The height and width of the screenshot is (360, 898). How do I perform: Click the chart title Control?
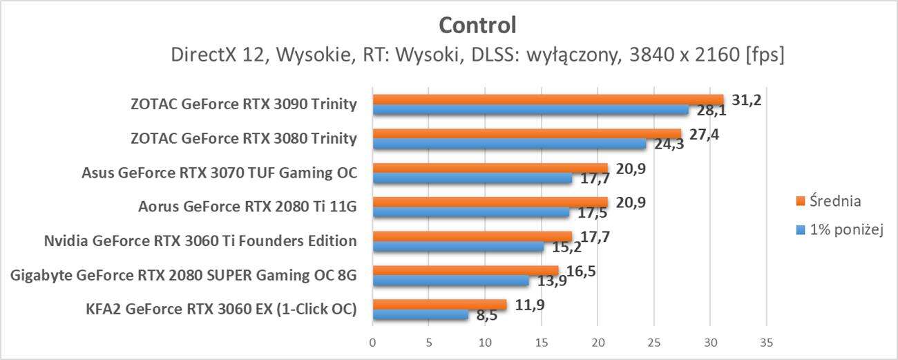(x=477, y=26)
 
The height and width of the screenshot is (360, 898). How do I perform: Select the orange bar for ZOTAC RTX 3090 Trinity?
(x=548, y=100)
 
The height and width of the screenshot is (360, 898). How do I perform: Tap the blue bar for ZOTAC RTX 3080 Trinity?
(x=510, y=144)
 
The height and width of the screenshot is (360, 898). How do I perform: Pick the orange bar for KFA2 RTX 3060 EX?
(x=439, y=304)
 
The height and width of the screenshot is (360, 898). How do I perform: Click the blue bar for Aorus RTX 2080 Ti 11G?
(x=471, y=212)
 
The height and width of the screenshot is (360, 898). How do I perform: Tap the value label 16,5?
(x=580, y=271)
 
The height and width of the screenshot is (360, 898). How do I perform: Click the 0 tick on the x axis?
(x=373, y=342)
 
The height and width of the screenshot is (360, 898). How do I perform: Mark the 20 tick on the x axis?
(x=598, y=342)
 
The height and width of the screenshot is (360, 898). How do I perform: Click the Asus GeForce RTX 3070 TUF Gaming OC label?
(x=219, y=173)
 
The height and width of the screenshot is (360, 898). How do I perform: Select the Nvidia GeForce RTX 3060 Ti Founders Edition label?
(x=200, y=241)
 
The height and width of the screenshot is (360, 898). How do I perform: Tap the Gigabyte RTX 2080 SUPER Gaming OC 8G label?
(x=184, y=275)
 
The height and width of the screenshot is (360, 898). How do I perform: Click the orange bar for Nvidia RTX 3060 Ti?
(x=472, y=236)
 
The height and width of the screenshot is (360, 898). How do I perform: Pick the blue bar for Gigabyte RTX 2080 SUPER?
(x=451, y=281)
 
